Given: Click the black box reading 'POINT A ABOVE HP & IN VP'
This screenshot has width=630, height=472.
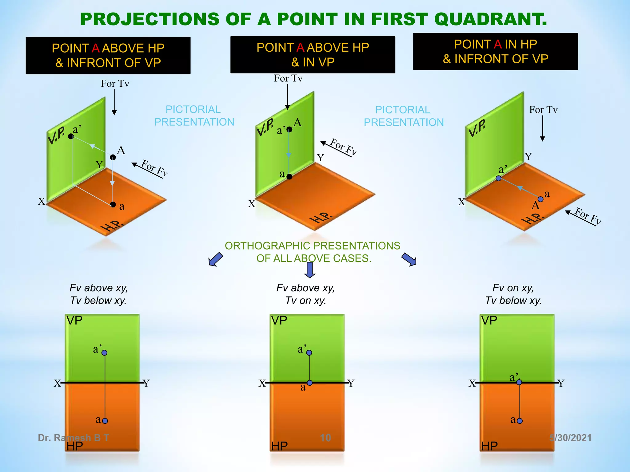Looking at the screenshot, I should [313, 55].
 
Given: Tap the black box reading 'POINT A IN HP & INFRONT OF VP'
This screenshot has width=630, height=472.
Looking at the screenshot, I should [495, 52].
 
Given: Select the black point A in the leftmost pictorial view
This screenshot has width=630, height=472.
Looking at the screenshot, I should [113, 157].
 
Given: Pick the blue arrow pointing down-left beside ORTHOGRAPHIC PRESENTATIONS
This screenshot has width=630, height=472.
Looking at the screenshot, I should [215, 259].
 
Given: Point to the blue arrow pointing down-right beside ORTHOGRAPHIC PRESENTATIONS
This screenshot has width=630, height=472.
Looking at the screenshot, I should [409, 259].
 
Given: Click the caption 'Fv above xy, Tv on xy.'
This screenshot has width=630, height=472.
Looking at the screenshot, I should [305, 294].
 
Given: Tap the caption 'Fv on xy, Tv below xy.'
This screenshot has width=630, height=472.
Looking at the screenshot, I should [513, 294].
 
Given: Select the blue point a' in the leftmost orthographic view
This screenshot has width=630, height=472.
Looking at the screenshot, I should [105, 352].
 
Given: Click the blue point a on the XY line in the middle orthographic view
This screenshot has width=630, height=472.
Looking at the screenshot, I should [310, 383].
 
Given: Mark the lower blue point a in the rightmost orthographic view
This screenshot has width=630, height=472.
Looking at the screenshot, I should [520, 421].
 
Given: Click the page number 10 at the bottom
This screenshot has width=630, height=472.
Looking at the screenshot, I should [325, 438].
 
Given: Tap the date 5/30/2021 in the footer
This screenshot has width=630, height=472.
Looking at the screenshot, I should [570, 438].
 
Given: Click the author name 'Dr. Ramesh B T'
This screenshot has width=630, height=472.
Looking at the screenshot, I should [73, 438].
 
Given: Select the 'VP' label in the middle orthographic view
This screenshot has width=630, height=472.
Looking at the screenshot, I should [279, 321].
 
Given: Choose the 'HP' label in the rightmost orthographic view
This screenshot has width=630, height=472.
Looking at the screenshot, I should [489, 446].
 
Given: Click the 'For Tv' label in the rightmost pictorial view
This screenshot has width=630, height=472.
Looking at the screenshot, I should [543, 110].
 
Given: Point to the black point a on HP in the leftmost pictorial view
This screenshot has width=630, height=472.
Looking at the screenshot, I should [113, 204].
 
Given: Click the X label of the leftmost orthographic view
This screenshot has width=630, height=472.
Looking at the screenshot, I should [57, 383].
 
